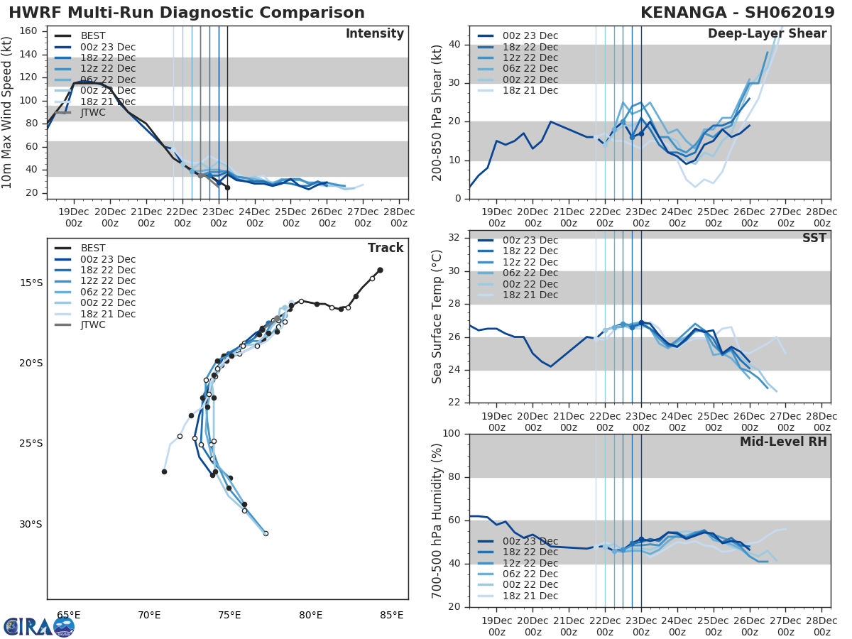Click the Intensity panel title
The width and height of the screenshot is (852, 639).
374,34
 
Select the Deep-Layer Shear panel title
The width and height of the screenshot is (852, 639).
767,34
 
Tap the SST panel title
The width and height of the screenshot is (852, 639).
814,238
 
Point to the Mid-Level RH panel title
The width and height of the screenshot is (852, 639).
783,442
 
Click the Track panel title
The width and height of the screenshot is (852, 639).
386,248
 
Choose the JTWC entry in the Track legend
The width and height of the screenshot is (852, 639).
93,325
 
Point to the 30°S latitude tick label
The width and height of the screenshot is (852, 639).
31,525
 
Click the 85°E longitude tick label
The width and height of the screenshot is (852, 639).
391,615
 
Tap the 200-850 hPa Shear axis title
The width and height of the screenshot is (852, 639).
437,113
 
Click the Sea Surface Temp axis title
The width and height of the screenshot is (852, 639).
437,317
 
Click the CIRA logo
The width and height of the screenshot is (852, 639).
39,626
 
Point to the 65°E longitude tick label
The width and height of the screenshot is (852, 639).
68,615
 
